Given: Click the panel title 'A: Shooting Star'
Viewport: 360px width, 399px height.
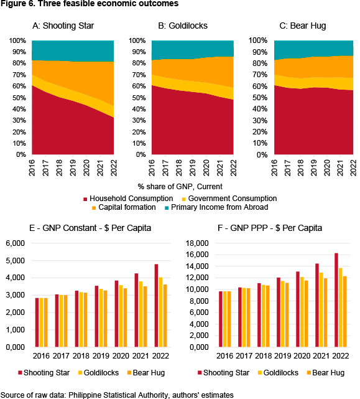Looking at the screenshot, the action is point(63,26).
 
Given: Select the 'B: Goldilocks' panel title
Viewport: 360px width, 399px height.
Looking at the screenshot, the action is point(183,26).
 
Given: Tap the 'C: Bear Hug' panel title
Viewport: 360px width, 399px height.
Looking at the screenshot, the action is point(303,26).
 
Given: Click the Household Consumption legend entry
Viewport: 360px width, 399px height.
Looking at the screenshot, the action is point(128,199).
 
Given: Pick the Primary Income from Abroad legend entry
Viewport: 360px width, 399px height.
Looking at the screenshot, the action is point(216,207).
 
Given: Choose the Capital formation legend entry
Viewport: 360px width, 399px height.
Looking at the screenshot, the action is point(124,207).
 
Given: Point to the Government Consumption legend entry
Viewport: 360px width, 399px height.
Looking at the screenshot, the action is point(229,199).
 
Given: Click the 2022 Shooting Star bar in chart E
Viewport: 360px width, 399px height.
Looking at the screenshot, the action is point(156,306).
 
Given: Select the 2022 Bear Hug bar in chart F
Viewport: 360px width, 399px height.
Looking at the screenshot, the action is point(344,311).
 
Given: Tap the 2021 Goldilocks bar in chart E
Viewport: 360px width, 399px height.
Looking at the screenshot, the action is point(141,314).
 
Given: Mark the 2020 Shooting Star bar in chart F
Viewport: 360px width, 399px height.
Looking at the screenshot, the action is point(298,309).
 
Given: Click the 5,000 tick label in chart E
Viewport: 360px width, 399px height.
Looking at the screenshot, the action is point(16,261).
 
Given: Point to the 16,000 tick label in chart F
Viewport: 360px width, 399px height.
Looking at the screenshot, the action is point(197,255).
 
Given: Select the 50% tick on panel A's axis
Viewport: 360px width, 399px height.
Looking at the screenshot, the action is point(19,98).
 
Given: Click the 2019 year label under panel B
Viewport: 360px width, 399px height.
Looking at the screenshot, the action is point(193,167).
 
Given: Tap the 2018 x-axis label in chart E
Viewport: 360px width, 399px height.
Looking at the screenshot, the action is point(81,355).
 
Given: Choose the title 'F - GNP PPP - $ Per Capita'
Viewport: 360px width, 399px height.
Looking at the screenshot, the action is point(270,228).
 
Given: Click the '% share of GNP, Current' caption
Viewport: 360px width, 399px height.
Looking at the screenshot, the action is point(180,187).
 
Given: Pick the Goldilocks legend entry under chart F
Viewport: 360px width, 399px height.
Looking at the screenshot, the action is point(277,372).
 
